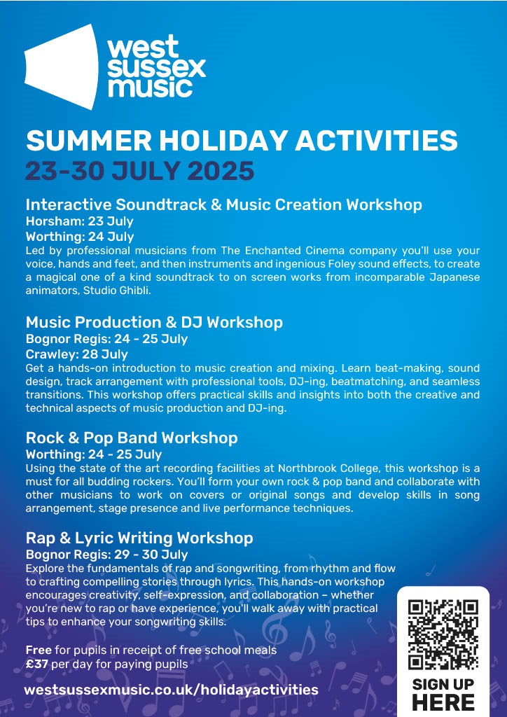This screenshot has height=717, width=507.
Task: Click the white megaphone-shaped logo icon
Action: pyautogui.click(x=62, y=67)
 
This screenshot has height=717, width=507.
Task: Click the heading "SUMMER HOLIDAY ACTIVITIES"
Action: pyautogui.click(x=242, y=140)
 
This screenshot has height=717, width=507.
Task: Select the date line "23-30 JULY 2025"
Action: pyautogui.click(x=139, y=171)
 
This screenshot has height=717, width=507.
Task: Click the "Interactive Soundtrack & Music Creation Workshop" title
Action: pyautogui.click(x=224, y=204)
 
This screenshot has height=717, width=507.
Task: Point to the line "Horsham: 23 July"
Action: pyautogui.click(x=80, y=221)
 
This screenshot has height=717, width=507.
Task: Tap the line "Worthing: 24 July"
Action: pyautogui.click(x=80, y=237)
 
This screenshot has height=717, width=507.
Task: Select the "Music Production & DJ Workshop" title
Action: pyautogui.click(x=154, y=322)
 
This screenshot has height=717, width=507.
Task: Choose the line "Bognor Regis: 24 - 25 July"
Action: pyautogui.click(x=106, y=340)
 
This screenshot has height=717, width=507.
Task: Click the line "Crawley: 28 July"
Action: pyautogui.click(x=77, y=354)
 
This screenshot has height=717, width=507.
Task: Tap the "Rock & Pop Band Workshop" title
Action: pyautogui.click(x=132, y=438)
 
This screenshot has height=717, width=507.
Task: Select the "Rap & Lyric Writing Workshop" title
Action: pyautogui.click(x=139, y=538)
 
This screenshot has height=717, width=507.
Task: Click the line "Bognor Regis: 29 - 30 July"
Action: pyautogui.click(x=107, y=555)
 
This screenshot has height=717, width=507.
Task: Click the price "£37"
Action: pyautogui.click(x=37, y=664)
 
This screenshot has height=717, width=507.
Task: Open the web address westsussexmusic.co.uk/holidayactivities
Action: pyautogui.click(x=171, y=690)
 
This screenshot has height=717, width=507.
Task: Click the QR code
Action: pyautogui.click(x=443, y=634)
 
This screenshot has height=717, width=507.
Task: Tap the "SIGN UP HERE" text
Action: pyautogui.click(x=443, y=694)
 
